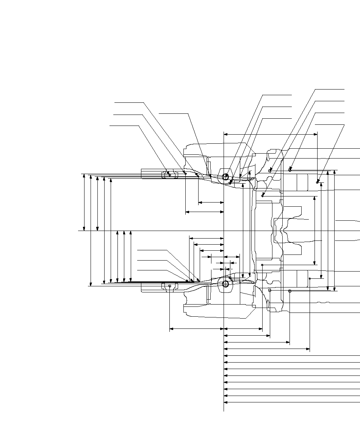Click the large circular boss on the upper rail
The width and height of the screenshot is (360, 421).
pyautogui.click(x=225, y=177)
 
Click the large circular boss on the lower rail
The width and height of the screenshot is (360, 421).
pyautogui.click(x=225, y=284)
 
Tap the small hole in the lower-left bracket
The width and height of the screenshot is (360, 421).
pyautogui.click(x=170, y=286)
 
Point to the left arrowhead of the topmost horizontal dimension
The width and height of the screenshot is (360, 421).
pyautogui.click(x=225, y=134)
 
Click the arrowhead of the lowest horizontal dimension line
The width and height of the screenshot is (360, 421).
pyautogui.click(x=225, y=402)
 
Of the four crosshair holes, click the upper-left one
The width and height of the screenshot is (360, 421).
pyautogui.click(x=270, y=171)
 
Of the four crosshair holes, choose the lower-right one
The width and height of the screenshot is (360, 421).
pyautogui.click(x=290, y=291)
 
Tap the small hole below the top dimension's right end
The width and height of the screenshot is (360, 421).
pyautogui.click(x=317, y=182)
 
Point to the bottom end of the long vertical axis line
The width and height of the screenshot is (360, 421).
pyautogui.click(x=224, y=411)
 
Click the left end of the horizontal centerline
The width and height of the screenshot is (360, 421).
pyautogui.click(x=78, y=231)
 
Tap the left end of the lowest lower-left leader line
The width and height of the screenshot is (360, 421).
pyautogui.click(x=137, y=270)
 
